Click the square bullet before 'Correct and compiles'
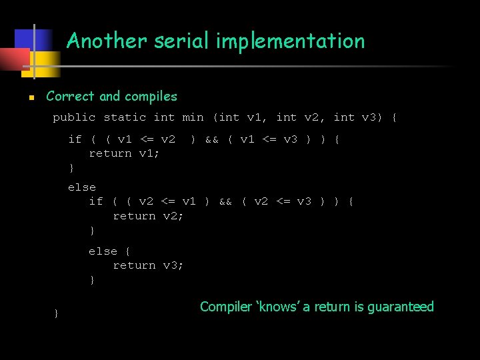pos(31,97)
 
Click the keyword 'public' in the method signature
pos(74,118)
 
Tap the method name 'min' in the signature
pos(193,118)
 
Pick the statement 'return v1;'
pos(124,153)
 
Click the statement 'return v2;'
pos(148,216)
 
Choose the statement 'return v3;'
pos(148,265)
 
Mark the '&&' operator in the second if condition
pos(225,201)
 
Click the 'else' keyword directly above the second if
pos(82,187)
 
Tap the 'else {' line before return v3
pos(109,251)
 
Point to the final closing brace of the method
pos(57,313)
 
